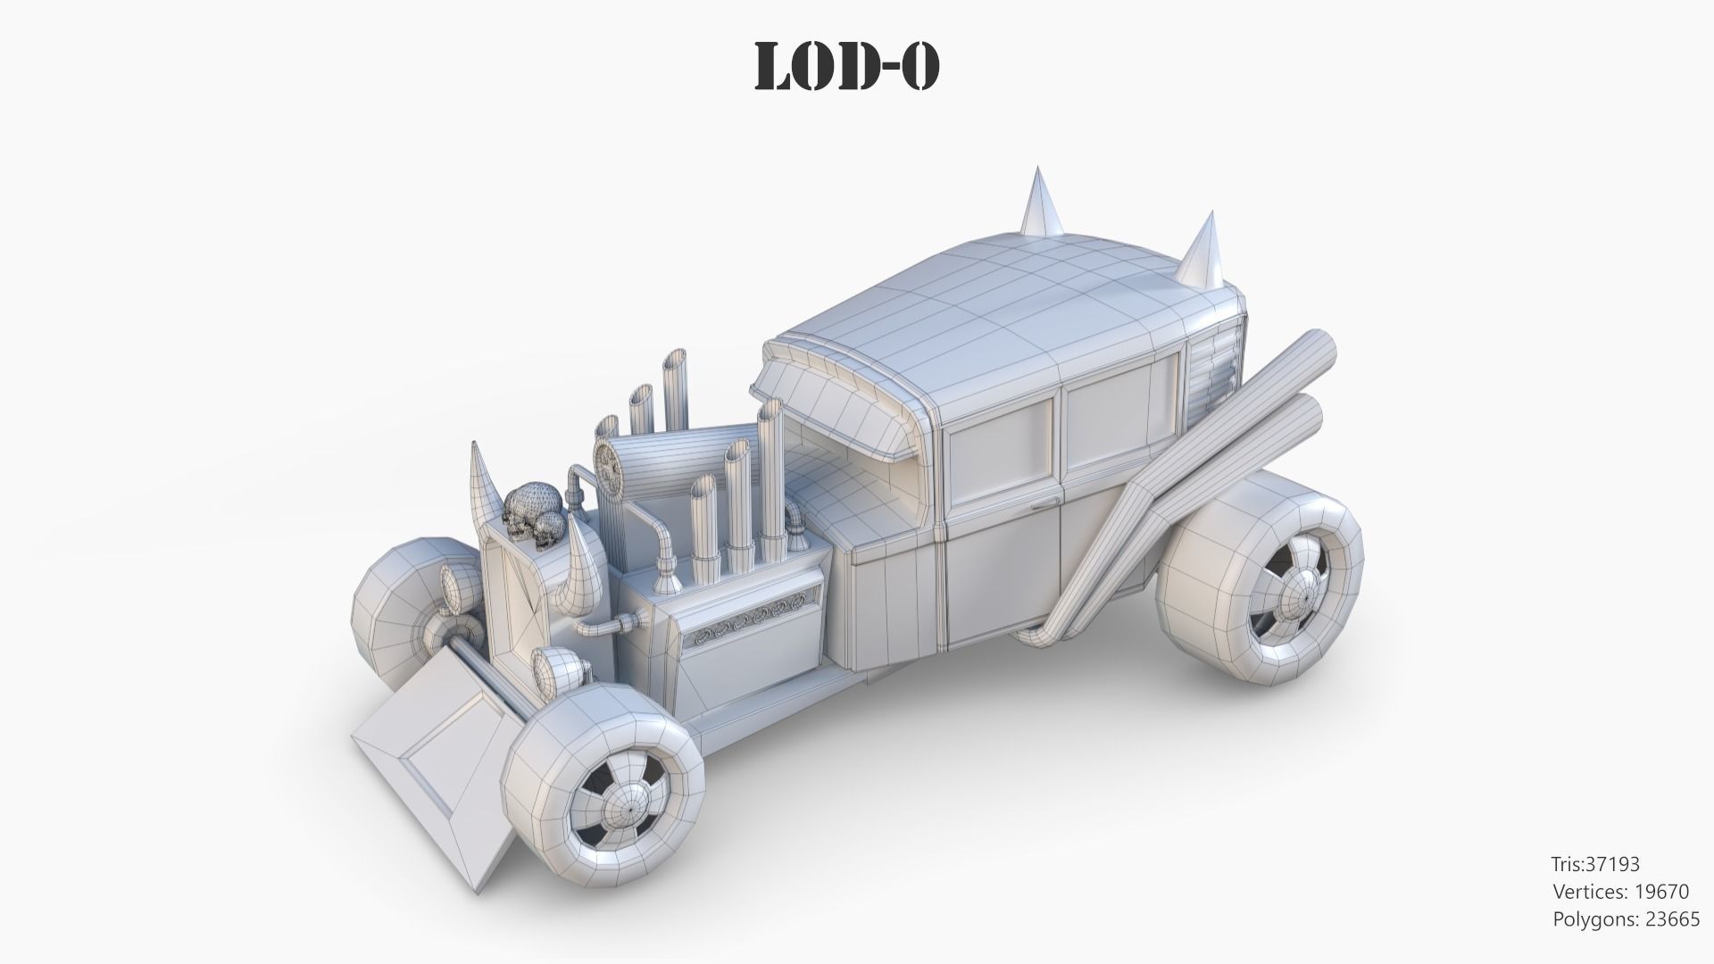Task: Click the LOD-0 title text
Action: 846,66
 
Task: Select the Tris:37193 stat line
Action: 1594,864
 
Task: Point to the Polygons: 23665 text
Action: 1627,919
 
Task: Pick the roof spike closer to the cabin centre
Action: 1041,203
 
